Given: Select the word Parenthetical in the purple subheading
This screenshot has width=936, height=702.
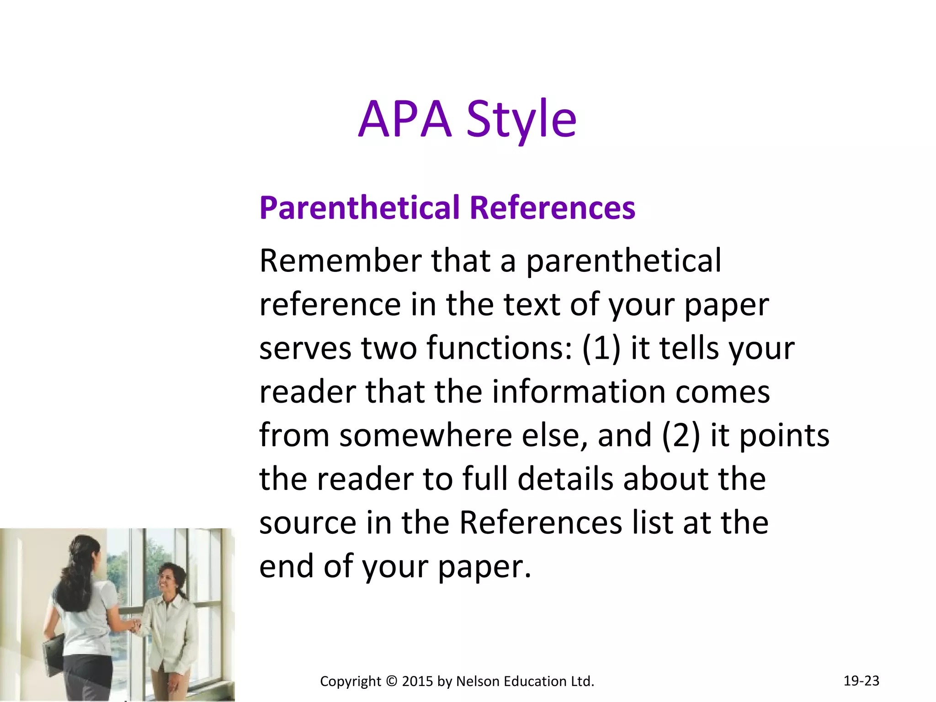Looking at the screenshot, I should pyautogui.click(x=359, y=208).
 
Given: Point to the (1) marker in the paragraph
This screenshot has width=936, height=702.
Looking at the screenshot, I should pyautogui.click(x=601, y=348).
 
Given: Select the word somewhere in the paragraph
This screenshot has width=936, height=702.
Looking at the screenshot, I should pyautogui.click(x=425, y=436).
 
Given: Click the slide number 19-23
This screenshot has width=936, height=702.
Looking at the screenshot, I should pyautogui.click(x=861, y=681).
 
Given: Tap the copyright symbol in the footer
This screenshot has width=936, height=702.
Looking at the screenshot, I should pyautogui.click(x=392, y=681).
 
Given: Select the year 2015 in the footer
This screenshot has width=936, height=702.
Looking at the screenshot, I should pyautogui.click(x=417, y=681).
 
